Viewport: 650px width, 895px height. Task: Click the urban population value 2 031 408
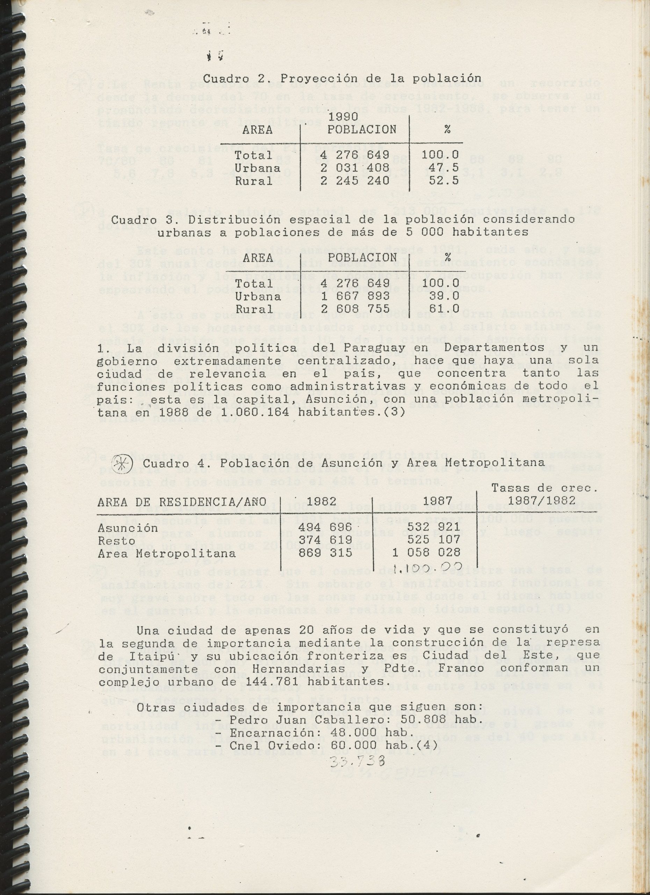[x=355, y=168]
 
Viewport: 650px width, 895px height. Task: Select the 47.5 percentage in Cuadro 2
[x=440, y=168]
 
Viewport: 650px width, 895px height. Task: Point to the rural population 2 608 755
[x=355, y=309]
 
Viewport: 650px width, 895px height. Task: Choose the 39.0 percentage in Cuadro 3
[x=440, y=296]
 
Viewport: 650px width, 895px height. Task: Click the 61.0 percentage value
[x=440, y=309]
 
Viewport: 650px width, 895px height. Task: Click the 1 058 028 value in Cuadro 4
[x=426, y=552]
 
